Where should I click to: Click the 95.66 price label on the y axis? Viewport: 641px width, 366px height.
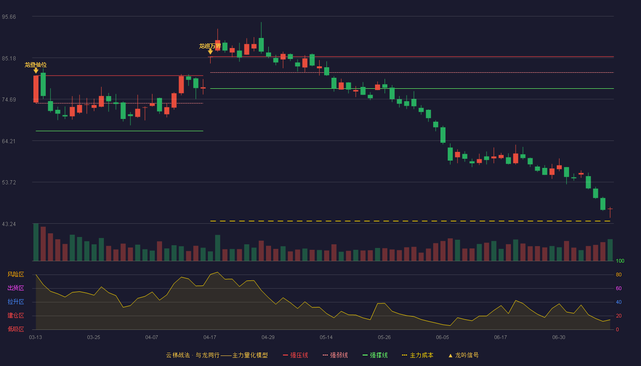click(x=9, y=17)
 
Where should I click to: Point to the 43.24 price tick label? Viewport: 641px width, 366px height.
click(x=9, y=224)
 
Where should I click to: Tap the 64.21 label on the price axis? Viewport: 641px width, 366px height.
click(x=9, y=141)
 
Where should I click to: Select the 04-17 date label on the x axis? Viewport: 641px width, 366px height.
click(x=210, y=338)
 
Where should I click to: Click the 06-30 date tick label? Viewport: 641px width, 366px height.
click(x=559, y=338)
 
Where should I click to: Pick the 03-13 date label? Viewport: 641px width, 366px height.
click(x=36, y=338)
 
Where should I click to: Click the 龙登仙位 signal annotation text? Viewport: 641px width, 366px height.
click(x=36, y=65)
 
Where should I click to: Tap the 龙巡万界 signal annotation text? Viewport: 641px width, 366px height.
click(x=210, y=46)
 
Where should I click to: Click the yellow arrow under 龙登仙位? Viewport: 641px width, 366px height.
click(x=36, y=70)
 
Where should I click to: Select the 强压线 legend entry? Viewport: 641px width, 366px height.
click(x=295, y=355)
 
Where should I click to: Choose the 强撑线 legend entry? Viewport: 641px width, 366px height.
click(x=375, y=355)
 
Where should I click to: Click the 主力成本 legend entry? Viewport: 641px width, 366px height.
click(x=418, y=355)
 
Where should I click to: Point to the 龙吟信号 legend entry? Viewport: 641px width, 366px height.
click(x=463, y=355)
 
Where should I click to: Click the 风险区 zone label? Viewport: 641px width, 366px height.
click(x=16, y=274)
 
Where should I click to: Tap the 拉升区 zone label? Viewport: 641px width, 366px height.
click(x=16, y=302)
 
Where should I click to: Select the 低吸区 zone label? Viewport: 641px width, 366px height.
click(x=16, y=329)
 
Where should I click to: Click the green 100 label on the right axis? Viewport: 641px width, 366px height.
click(x=620, y=261)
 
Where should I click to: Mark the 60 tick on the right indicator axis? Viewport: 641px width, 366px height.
click(x=619, y=288)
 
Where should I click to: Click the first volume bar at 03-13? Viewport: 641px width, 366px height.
click(x=36, y=242)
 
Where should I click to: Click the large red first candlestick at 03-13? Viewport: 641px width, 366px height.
click(x=36, y=89)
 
